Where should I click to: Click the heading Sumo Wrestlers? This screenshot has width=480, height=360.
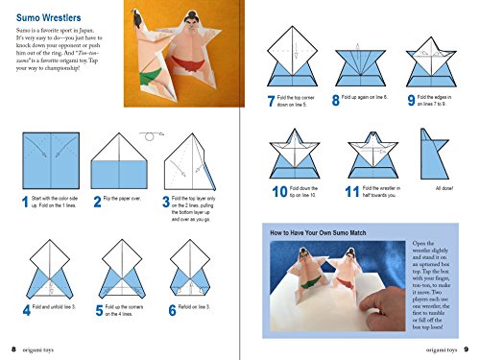(x=45, y=17)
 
